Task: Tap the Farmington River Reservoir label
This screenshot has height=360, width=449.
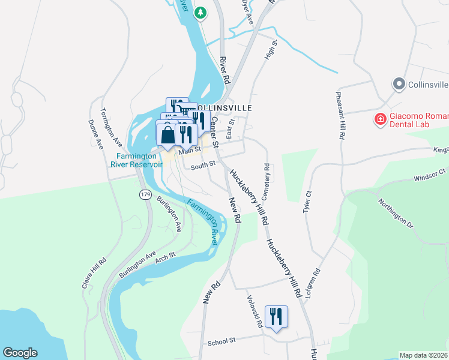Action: pyautogui.click(x=139, y=160)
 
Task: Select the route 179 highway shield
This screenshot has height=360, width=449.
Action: pyautogui.click(x=145, y=194)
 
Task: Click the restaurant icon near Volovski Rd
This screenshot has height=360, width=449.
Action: pyautogui.click(x=276, y=316)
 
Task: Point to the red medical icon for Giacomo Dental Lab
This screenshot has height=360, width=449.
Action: pyautogui.click(x=379, y=119)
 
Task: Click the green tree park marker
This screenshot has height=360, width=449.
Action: pyautogui.click(x=202, y=11)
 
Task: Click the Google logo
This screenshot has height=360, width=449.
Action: pyautogui.click(x=20, y=353)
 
